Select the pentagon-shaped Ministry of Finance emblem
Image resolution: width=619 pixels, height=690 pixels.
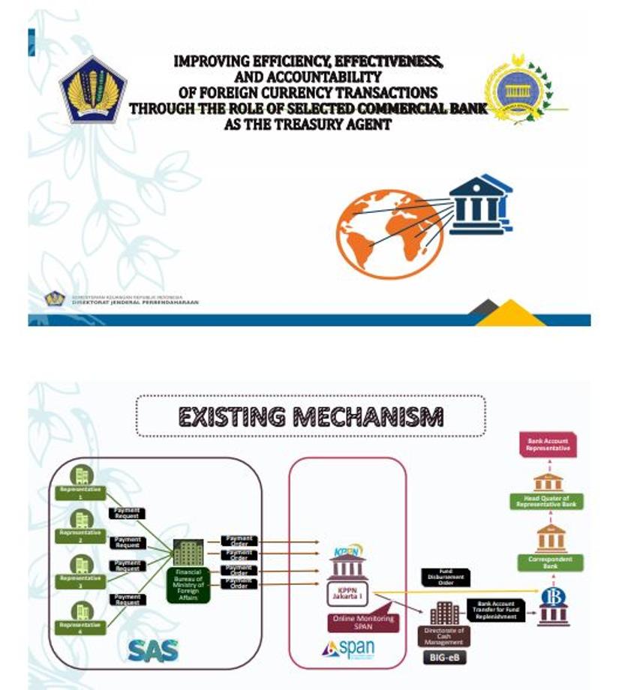pos(93,91)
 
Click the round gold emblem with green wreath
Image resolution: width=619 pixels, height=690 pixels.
pos(517,89)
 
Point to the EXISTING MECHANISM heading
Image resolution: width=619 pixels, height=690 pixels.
pos(311,415)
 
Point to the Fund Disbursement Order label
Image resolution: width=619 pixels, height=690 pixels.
pos(446,577)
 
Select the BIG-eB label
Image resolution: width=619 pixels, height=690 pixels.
pos(443,658)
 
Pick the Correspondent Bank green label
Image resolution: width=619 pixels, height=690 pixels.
pos(549,562)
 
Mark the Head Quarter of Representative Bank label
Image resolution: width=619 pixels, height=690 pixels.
pos(549,502)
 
